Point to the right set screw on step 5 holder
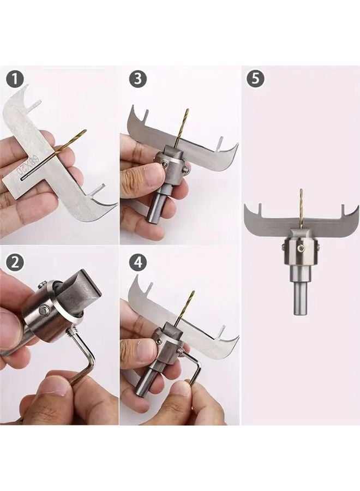coord(320,248)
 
